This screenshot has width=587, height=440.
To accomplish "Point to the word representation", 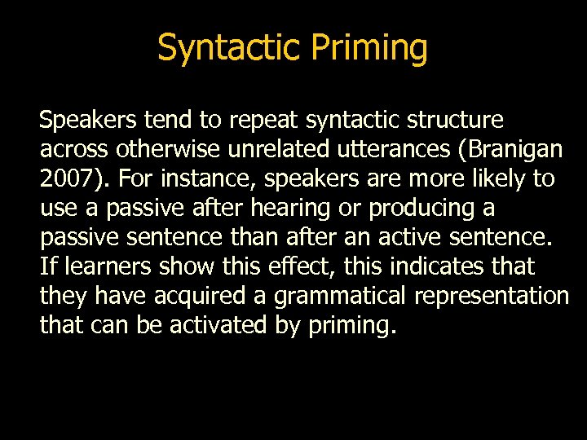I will click(492, 296).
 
